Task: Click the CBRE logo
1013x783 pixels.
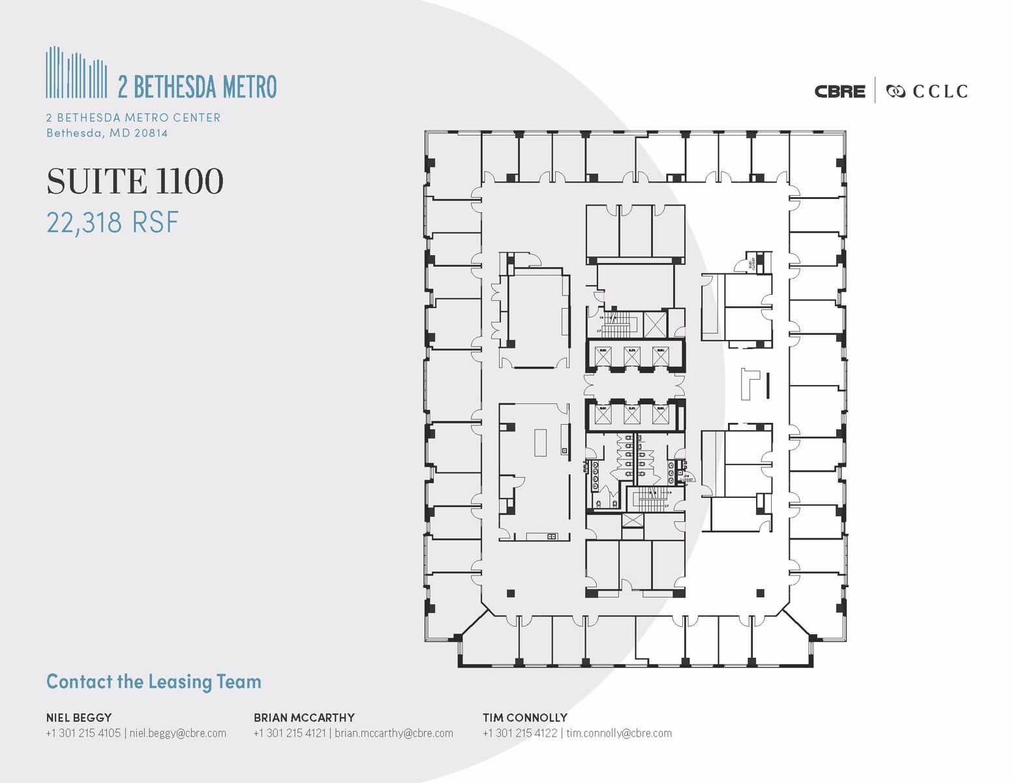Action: pyautogui.click(x=839, y=91)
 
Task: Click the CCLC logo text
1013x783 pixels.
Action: pyautogui.click(x=939, y=91)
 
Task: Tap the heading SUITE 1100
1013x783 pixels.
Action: pyautogui.click(x=135, y=181)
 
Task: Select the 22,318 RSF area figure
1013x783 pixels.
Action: pyautogui.click(x=112, y=223)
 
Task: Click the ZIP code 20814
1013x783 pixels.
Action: pyautogui.click(x=151, y=133)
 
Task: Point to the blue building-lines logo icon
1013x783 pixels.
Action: pyautogui.click(x=76, y=73)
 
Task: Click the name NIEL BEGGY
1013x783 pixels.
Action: pyautogui.click(x=78, y=717)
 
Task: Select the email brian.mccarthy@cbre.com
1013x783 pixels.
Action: pyautogui.click(x=394, y=733)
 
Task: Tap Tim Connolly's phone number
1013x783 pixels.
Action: pyautogui.click(x=520, y=733)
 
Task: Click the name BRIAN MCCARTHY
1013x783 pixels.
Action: pyautogui.click(x=304, y=717)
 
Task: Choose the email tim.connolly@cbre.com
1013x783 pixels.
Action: pyautogui.click(x=619, y=733)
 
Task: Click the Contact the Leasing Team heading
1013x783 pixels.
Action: pyautogui.click(x=154, y=682)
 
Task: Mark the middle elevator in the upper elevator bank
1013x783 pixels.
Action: pyautogui.click(x=631, y=356)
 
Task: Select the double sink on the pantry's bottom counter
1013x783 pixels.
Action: pyautogui.click(x=551, y=536)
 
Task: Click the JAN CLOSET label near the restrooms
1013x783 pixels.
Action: pyautogui.click(x=684, y=478)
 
